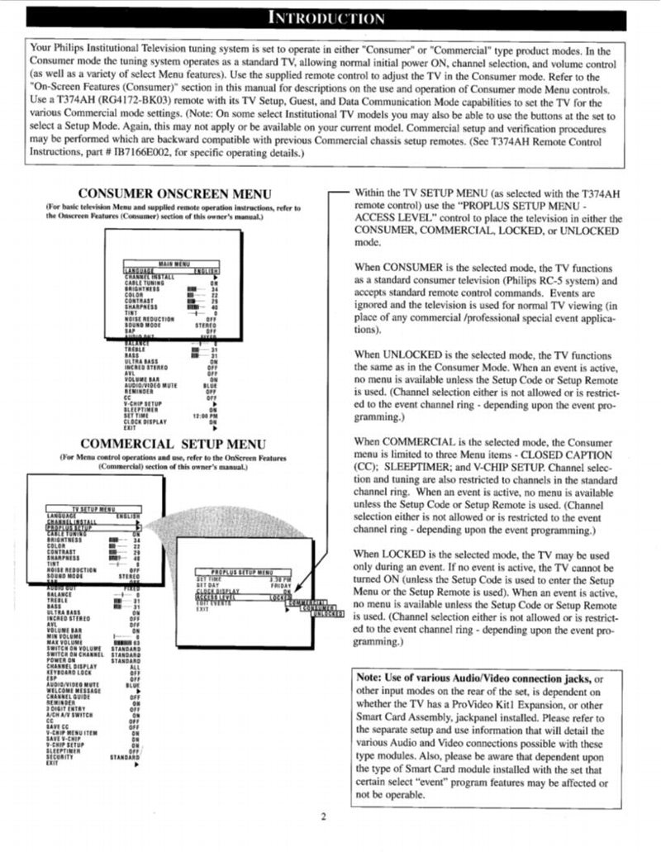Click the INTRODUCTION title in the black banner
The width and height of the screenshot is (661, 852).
point(330,18)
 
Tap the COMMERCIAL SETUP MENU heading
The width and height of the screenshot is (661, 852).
point(173,444)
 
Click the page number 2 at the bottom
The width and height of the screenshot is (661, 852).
point(324,817)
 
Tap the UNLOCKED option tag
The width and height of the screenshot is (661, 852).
point(329,613)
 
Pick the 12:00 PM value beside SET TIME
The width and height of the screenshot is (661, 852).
point(204,415)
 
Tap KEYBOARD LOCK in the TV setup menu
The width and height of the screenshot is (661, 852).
point(69,672)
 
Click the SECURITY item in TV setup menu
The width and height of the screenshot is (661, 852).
point(60,756)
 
